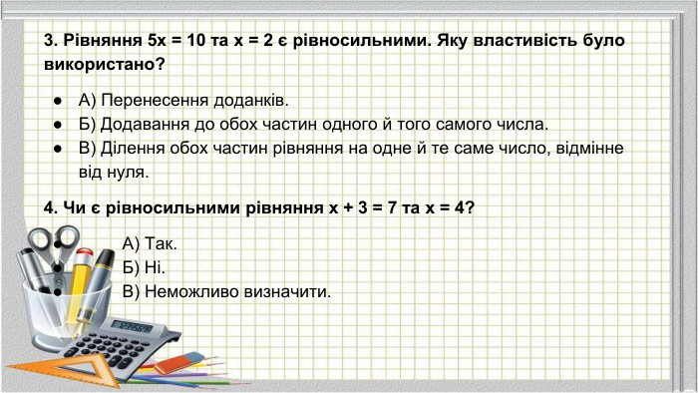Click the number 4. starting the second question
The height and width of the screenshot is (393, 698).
tap(51, 208)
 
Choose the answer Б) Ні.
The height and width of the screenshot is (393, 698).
tap(144, 267)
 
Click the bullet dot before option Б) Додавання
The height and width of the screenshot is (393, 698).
tap(59, 125)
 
